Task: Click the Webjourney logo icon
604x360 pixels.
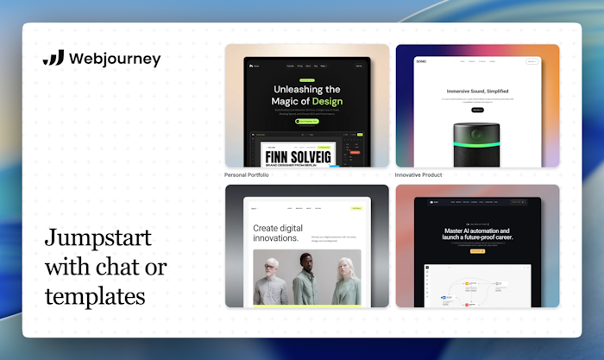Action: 53,59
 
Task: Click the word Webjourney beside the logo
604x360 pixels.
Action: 115,59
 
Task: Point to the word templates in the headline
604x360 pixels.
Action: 95,296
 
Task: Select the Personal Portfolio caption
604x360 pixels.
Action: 247,174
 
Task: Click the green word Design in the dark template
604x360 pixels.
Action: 322,102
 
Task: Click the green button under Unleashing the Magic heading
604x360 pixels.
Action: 306,122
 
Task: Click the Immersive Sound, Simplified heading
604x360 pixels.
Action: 477,91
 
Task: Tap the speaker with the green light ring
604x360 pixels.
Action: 477,142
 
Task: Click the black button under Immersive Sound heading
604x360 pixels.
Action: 477,110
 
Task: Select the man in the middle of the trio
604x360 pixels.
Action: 306,278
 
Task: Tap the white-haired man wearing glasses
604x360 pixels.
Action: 270,280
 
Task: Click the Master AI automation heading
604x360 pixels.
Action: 477,236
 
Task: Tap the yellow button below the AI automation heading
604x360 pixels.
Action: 477,251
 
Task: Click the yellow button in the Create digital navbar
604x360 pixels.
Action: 355,208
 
